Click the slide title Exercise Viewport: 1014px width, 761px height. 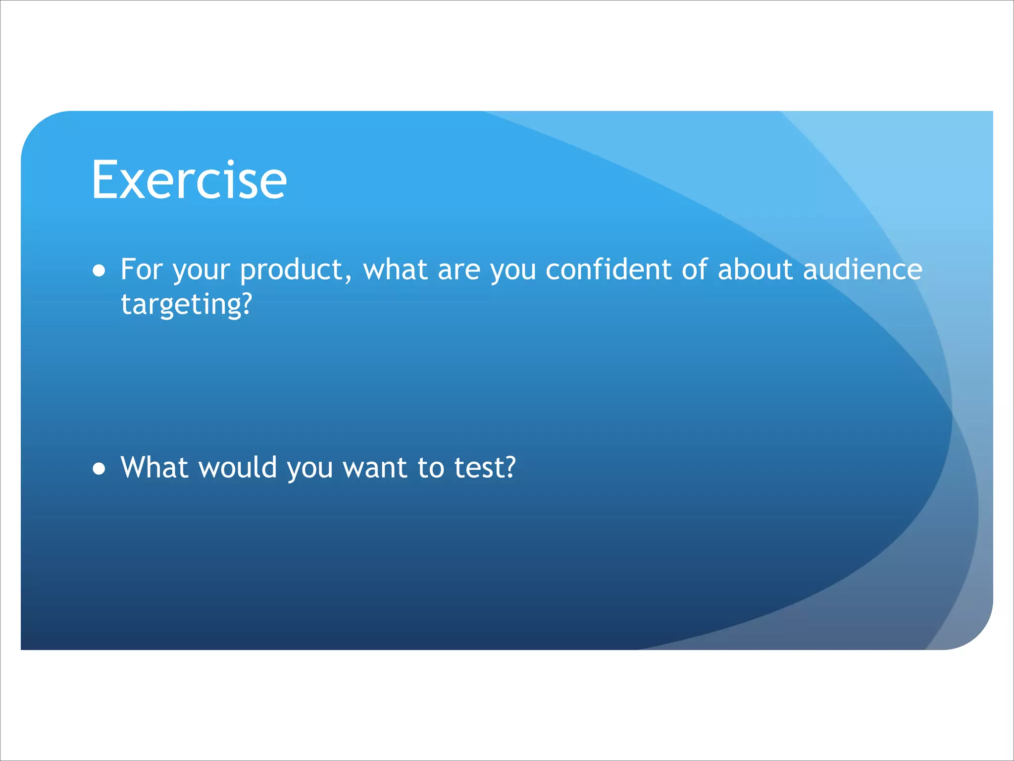tap(189, 180)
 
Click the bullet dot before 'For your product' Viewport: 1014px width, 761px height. tap(99, 271)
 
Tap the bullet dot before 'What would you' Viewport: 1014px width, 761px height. tap(99, 469)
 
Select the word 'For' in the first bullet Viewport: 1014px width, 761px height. tap(141, 270)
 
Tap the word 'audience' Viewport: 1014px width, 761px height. tap(862, 270)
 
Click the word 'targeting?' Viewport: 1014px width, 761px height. tap(187, 304)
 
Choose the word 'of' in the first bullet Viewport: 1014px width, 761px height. tap(695, 270)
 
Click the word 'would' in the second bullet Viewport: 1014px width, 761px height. tap(237, 467)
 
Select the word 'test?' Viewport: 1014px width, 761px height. tap(485, 467)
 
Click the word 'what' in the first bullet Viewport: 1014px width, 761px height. tap(395, 270)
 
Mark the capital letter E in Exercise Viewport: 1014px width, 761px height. tap(104, 180)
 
